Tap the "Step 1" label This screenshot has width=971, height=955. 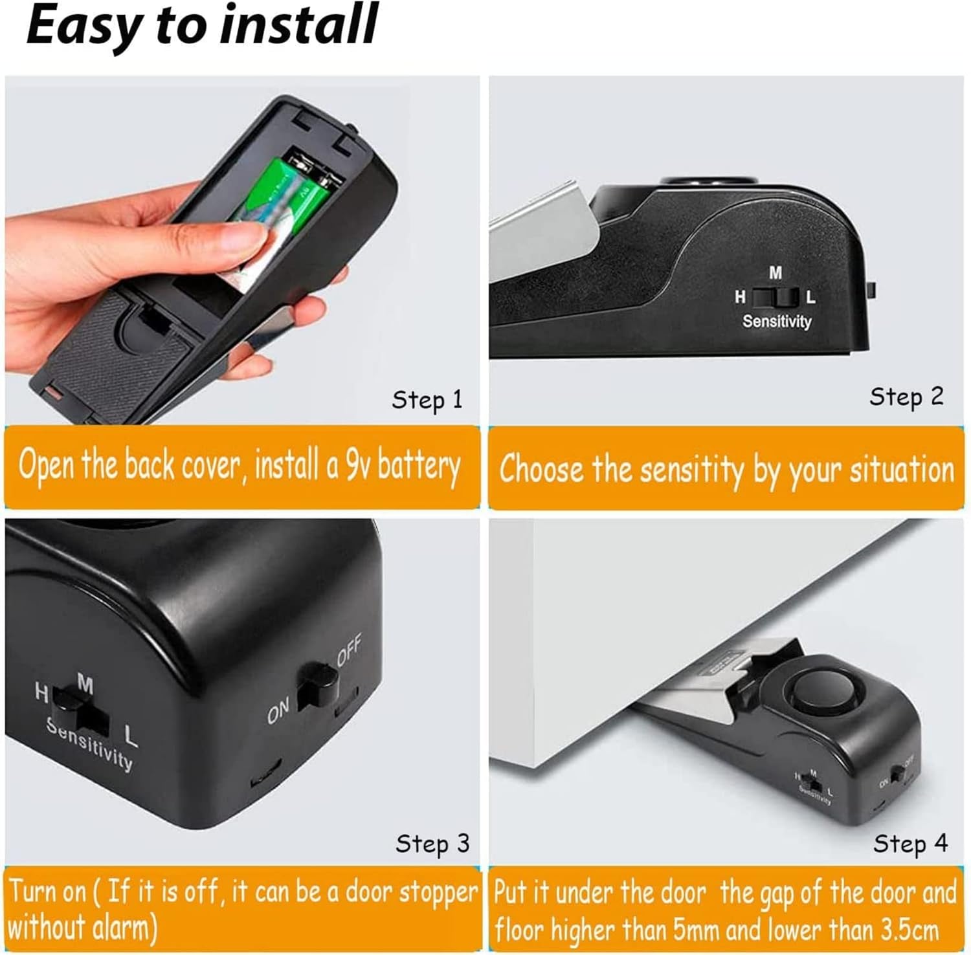pos(427,400)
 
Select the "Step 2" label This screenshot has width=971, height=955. pos(906,397)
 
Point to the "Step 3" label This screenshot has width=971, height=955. pos(432,844)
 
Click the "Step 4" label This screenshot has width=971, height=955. pos(910,844)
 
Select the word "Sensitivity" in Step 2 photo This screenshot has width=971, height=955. pos(777,321)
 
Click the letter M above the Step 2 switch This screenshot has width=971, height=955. pos(776,274)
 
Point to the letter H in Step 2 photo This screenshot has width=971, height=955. pos(740,297)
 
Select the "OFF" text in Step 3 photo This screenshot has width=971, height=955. pos(349,650)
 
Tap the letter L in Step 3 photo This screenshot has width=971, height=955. pos(131,736)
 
